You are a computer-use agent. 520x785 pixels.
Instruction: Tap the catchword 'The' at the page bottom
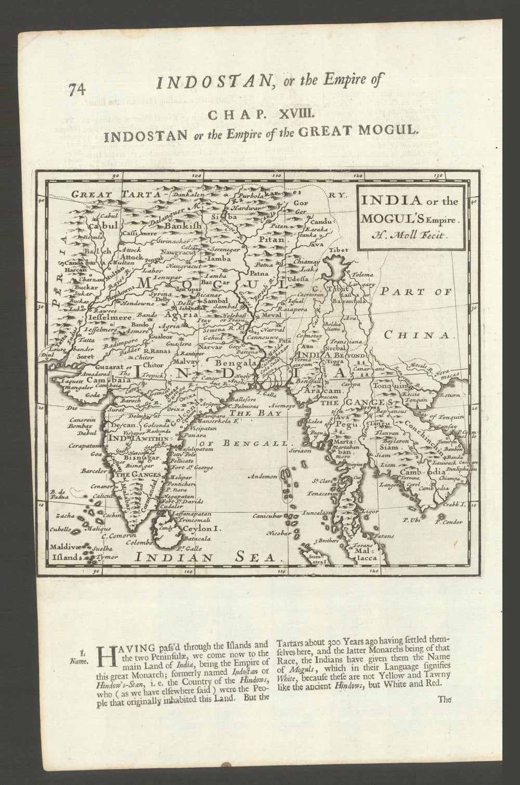click(445, 700)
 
